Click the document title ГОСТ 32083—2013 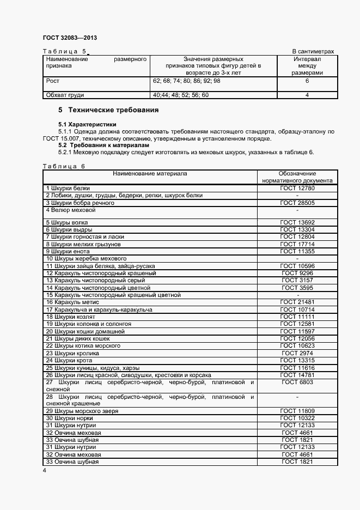tap(69, 38)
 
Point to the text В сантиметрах tap(313, 51)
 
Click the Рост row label tap(53, 81)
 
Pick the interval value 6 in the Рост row tap(307, 81)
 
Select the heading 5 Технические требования tap(108, 110)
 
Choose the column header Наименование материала tap(150, 173)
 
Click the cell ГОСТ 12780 tap(297, 188)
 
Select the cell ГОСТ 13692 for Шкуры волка tap(297, 222)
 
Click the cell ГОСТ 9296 tap(297, 273)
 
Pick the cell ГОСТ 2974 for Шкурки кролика tap(297, 353)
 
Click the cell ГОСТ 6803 tap(297, 382)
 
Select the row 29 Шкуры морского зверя tap(82, 411)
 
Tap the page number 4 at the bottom tap(45, 470)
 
